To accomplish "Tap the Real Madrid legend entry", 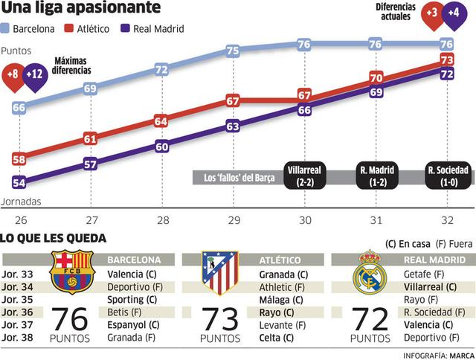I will [x=152, y=29].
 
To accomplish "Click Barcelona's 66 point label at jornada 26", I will [x=19, y=108].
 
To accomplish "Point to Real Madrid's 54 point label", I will [x=19, y=182].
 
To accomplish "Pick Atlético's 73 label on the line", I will [x=447, y=60].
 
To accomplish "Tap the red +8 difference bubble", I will [x=13, y=74].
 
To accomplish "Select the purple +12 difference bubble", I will [x=34, y=74].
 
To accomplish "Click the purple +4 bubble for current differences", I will [x=451, y=13].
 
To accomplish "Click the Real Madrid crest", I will [x=370, y=274].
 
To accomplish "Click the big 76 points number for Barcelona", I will [x=71, y=319].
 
